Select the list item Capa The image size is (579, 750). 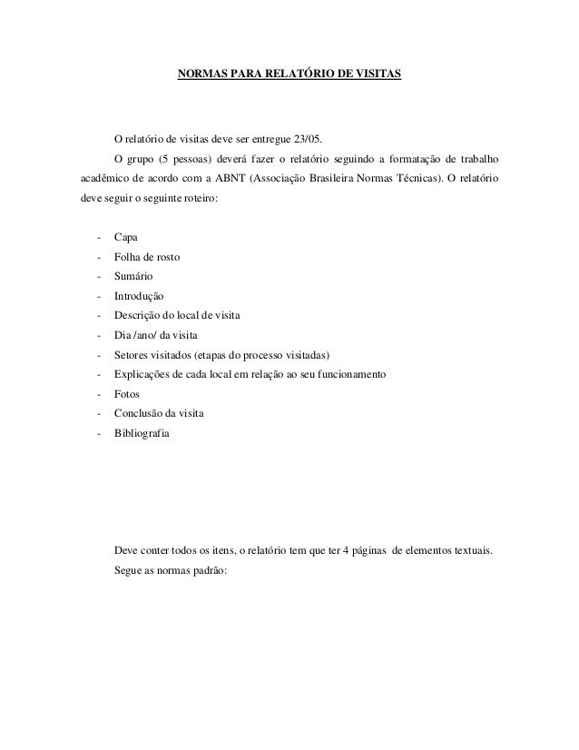pos(126,238)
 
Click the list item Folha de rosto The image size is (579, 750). pos(146,257)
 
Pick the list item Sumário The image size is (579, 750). pos(133,275)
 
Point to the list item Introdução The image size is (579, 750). pos(139,295)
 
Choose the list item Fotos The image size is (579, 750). pos(127,395)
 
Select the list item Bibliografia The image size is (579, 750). pos(141,434)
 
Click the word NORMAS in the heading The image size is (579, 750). pos(201,72)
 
